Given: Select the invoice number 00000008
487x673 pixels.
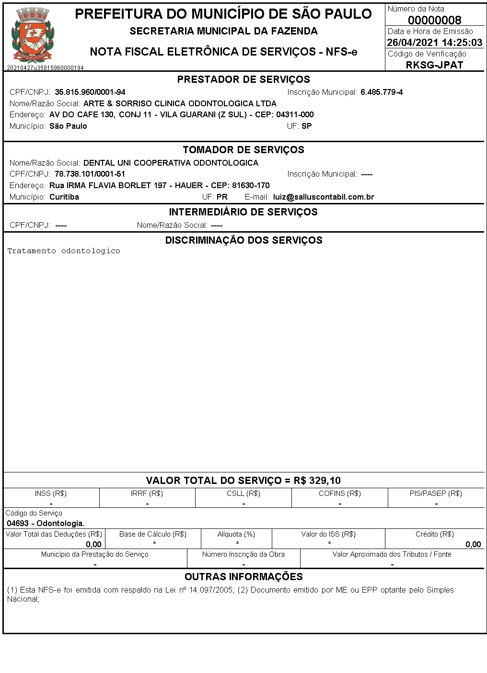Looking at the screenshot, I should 434,20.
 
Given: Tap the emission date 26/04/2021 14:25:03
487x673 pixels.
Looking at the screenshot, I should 434,43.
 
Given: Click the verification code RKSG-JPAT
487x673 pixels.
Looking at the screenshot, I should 434,65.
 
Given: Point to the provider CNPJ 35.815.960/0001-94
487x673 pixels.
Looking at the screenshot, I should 90,92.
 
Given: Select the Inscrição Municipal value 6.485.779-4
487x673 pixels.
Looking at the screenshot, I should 382,92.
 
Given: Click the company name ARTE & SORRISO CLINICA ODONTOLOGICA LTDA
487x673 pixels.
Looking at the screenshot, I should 180,103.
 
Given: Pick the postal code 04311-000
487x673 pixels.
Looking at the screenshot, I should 295,115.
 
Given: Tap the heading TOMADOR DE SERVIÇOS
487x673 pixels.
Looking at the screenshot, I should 243,150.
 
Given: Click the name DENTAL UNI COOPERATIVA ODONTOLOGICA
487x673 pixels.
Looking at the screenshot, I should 171,163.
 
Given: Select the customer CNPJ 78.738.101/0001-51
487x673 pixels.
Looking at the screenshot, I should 90,174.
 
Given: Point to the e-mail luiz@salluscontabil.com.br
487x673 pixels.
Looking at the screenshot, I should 324,197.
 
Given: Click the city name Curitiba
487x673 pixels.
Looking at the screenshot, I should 64,197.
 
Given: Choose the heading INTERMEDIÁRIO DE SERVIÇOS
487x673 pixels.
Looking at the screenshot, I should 243,212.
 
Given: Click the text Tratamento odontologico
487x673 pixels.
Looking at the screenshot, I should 64,251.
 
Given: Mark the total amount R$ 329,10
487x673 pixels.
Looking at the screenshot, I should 317,481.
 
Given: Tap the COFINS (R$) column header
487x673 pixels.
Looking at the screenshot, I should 339,494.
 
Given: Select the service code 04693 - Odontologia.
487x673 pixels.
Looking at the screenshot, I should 46,523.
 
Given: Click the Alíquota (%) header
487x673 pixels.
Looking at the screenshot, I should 236,534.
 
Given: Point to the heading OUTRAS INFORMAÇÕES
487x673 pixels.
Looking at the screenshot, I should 243,577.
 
